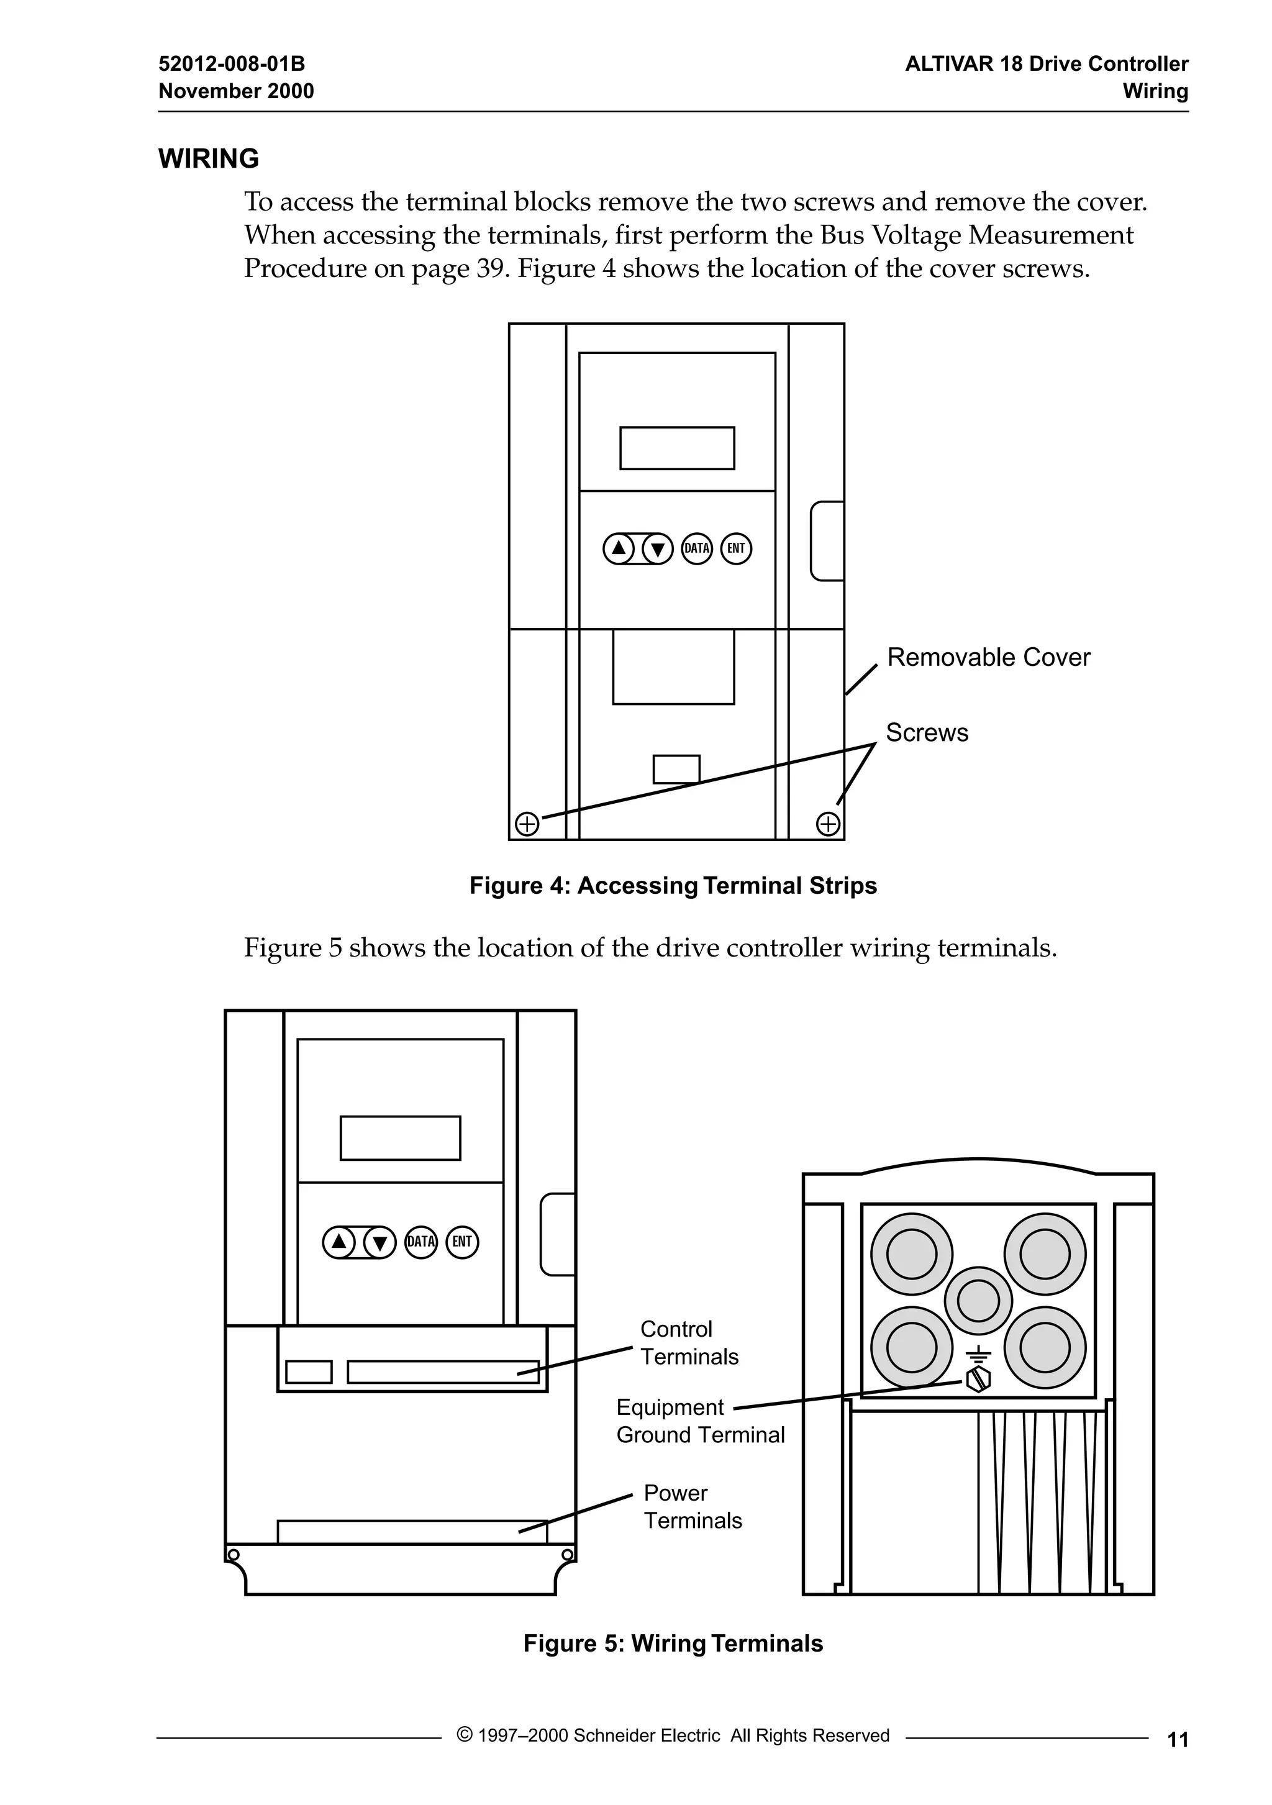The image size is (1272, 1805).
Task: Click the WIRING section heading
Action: tap(208, 159)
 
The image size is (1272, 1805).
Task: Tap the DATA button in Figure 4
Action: tap(696, 548)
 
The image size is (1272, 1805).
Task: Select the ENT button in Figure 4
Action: tap(736, 548)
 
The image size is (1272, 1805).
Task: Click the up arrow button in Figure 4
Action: tap(619, 548)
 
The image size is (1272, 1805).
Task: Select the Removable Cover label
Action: tap(988, 657)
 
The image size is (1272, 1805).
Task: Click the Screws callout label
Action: tap(927, 733)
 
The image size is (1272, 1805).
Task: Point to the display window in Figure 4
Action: tap(677, 448)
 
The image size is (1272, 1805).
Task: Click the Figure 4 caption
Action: tap(673, 886)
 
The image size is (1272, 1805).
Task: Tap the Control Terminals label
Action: tap(689, 1343)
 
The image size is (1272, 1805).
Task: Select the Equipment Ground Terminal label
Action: tap(700, 1421)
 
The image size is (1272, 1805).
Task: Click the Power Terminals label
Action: tap(692, 1506)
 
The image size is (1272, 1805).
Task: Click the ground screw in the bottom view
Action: tap(978, 1379)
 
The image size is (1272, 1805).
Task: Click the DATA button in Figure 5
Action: tap(420, 1242)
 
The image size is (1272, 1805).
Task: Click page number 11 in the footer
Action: tap(1178, 1740)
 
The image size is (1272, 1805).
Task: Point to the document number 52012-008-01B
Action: tap(232, 64)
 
